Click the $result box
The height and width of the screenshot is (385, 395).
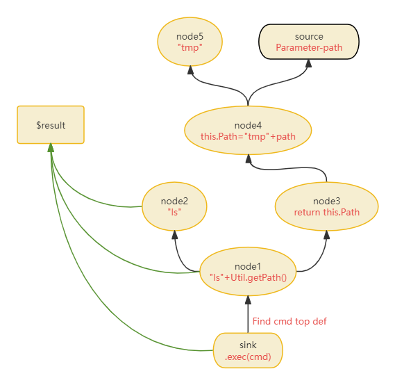[51, 125]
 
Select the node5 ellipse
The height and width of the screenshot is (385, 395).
[190, 42]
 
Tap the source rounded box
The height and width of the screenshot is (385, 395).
[309, 42]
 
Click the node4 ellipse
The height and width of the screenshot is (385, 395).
[248, 131]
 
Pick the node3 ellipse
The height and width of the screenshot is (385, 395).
[326, 206]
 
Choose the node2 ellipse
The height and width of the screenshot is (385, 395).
[174, 206]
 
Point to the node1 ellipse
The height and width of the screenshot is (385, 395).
[248, 272]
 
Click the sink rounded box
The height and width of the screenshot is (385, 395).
[248, 350]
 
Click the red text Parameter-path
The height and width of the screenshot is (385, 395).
[309, 47]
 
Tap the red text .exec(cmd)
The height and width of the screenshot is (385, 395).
[248, 357]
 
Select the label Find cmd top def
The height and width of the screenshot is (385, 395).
[289, 321]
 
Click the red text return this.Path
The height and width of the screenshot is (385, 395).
[327, 212]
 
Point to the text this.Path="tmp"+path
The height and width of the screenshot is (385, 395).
[248, 136]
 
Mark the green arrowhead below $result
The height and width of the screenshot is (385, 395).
[51, 148]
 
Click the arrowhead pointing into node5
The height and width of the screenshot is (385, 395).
[191, 69]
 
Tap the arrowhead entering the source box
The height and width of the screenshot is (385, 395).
[309, 63]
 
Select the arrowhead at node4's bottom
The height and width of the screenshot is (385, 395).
[249, 158]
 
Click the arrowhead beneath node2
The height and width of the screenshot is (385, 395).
[174, 235]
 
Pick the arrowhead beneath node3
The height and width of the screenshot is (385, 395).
[327, 235]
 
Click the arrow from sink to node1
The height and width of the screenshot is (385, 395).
[248, 314]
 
